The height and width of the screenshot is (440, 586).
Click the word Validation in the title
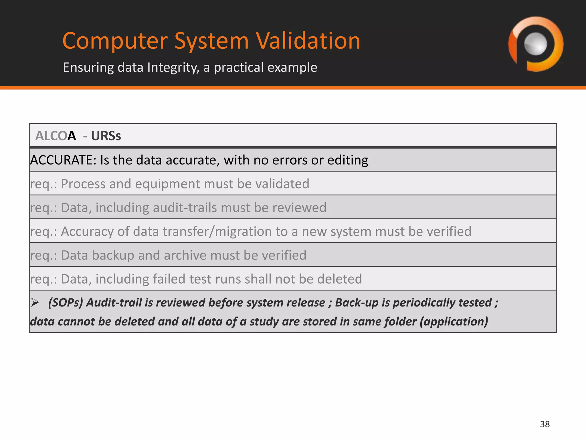click(x=308, y=41)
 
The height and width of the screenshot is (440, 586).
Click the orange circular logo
click(x=536, y=44)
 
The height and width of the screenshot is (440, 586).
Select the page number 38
click(x=545, y=424)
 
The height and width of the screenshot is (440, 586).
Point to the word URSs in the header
click(x=106, y=136)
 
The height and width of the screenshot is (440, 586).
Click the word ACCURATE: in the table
click(x=63, y=160)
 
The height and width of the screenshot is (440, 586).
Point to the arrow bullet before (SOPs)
click(x=35, y=302)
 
